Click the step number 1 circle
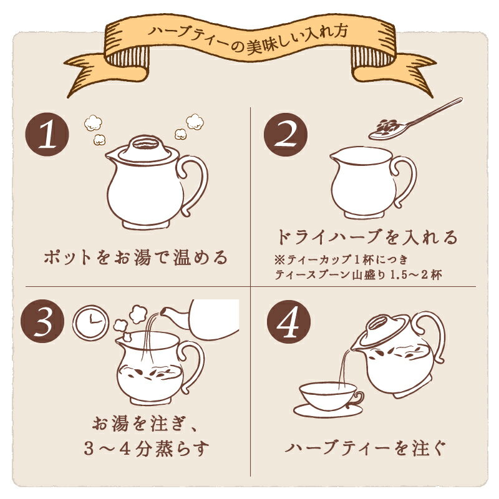point(47,134)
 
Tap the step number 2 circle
point(286,134)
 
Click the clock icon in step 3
point(90,322)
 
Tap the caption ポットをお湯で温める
point(136,257)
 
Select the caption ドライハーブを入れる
point(366,237)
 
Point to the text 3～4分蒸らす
point(146,448)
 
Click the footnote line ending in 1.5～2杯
point(358,274)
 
